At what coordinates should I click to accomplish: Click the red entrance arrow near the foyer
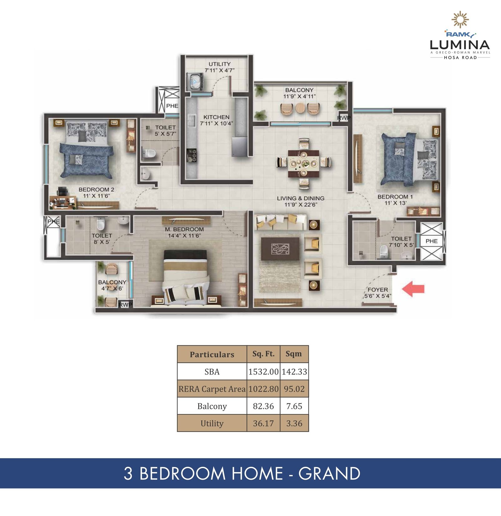coord(413,289)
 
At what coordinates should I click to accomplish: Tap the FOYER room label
coord(378,290)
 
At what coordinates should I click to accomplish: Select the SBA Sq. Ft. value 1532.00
coord(263,372)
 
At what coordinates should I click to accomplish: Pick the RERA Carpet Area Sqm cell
coord(294,389)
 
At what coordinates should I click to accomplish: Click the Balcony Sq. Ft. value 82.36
coord(263,406)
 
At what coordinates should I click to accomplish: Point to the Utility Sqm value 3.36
coord(294,423)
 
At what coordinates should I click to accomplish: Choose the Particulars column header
coord(212,354)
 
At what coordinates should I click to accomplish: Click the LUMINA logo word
coord(460,45)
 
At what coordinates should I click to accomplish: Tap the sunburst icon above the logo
coord(460,20)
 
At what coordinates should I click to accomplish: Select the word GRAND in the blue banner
coord(329,473)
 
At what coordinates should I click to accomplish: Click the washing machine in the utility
coord(195,81)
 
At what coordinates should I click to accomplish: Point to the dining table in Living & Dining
coord(304,164)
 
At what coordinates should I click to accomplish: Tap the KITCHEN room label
coord(216,117)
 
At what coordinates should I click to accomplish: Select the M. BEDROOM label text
coord(184,230)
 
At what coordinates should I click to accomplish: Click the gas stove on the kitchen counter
coord(192,155)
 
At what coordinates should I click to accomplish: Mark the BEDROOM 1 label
coord(395,197)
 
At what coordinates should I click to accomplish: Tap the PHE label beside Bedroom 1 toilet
coord(431,241)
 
